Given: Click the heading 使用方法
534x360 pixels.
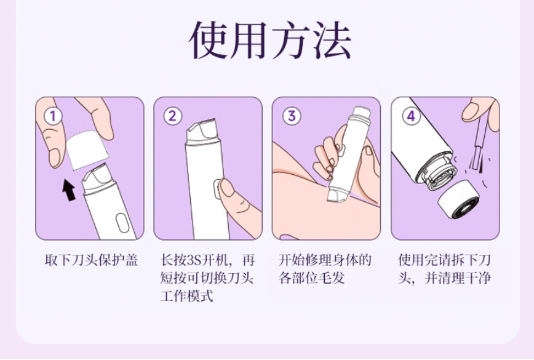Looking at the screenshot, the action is (x=269, y=40).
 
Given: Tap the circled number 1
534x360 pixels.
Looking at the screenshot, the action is (x=53, y=116).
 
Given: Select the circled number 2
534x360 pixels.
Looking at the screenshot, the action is (x=172, y=116).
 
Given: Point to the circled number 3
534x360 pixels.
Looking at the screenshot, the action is (x=292, y=116).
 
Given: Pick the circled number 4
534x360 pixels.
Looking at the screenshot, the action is (x=411, y=116).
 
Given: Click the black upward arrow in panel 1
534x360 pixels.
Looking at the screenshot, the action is (x=69, y=190).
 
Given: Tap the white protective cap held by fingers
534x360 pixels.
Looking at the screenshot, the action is (x=87, y=150).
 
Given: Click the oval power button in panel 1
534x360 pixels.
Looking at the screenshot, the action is (x=122, y=223).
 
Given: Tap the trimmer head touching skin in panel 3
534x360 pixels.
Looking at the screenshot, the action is (x=335, y=195).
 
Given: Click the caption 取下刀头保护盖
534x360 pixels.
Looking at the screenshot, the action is (x=91, y=260).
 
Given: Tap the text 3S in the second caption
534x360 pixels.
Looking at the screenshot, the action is (x=194, y=260).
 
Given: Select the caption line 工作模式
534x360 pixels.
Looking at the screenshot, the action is (x=186, y=295).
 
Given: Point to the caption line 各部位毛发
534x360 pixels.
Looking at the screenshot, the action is (x=312, y=278).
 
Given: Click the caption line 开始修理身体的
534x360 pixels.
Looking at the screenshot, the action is (x=325, y=260).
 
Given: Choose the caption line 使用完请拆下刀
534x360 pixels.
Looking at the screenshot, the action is (x=444, y=260).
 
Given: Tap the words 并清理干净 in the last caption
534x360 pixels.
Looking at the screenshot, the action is (x=458, y=278).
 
